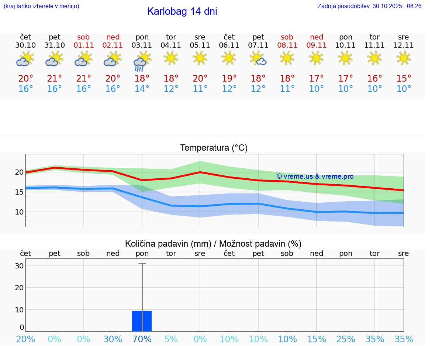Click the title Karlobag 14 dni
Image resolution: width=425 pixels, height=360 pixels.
(182, 11)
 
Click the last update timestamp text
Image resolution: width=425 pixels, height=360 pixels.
(369, 6)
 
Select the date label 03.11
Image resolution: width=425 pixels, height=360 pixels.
(142, 45)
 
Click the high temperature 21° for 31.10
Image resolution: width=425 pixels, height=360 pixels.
(55, 79)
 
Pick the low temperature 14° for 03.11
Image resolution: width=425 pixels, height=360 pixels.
(142, 89)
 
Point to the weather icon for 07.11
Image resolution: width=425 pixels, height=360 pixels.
(258, 59)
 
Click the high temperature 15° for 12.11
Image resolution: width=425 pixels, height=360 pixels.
(404, 79)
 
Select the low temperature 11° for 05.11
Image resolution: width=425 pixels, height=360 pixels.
(200, 89)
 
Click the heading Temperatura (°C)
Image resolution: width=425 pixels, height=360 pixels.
(214, 148)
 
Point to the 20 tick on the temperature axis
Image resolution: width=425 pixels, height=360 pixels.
(20, 172)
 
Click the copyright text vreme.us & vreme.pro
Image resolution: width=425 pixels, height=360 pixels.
(315, 176)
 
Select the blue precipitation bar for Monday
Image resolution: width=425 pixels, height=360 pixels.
(142, 321)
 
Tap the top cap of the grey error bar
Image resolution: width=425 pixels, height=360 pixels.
(142, 264)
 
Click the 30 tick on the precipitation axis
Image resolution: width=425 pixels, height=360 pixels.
(20, 266)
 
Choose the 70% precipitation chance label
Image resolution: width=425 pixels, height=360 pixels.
(142, 339)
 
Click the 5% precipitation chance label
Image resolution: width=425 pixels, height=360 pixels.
(171, 339)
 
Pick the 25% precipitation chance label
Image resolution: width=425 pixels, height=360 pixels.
(346, 339)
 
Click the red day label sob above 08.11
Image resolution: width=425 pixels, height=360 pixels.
(287, 37)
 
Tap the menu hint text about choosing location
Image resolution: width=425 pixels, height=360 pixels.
(41, 6)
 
